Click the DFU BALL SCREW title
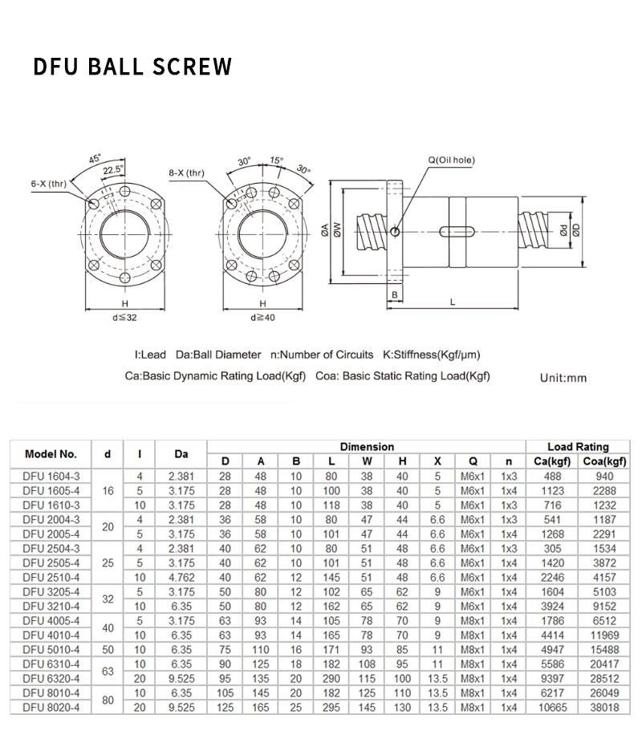pyautogui.click(x=132, y=66)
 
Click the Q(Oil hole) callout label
pyautogui.click(x=450, y=160)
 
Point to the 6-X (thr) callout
pyautogui.click(x=49, y=184)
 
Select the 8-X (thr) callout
pyautogui.click(x=186, y=173)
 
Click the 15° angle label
pyautogui.click(x=276, y=161)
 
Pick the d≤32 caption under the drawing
pyautogui.click(x=125, y=318)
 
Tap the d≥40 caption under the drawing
pyautogui.click(x=263, y=318)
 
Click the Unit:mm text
pyautogui.click(x=565, y=376)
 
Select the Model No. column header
pyautogui.click(x=51, y=453)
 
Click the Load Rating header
pyautogui.click(x=578, y=446)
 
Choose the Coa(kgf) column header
pyautogui.click(x=603, y=461)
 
